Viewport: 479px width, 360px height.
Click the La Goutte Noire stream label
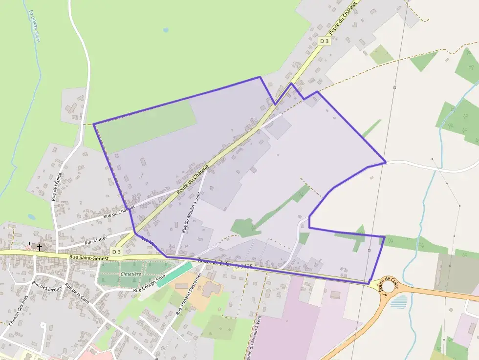[x=34, y=26]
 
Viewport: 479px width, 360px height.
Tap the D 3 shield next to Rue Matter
[x=116, y=252]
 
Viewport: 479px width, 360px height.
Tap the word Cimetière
[x=131, y=274]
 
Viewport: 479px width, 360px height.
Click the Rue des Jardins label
[x=47, y=290]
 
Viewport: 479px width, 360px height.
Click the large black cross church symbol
[x=39, y=248]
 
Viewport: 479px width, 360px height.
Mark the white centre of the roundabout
[x=389, y=287]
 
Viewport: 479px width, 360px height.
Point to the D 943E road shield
[x=244, y=267]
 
